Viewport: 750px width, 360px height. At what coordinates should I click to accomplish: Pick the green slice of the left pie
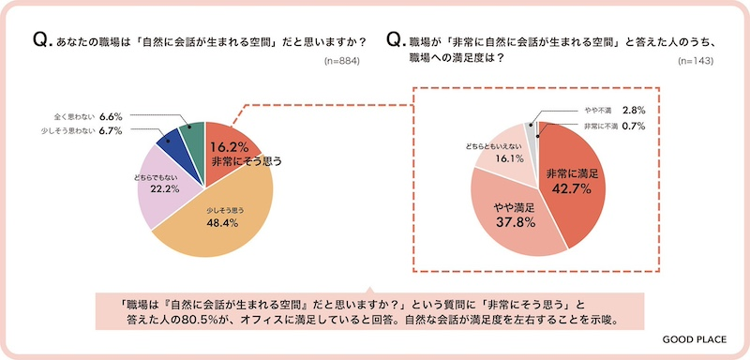pos(191,137)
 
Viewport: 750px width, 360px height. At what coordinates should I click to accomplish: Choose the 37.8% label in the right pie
pos(511,221)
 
